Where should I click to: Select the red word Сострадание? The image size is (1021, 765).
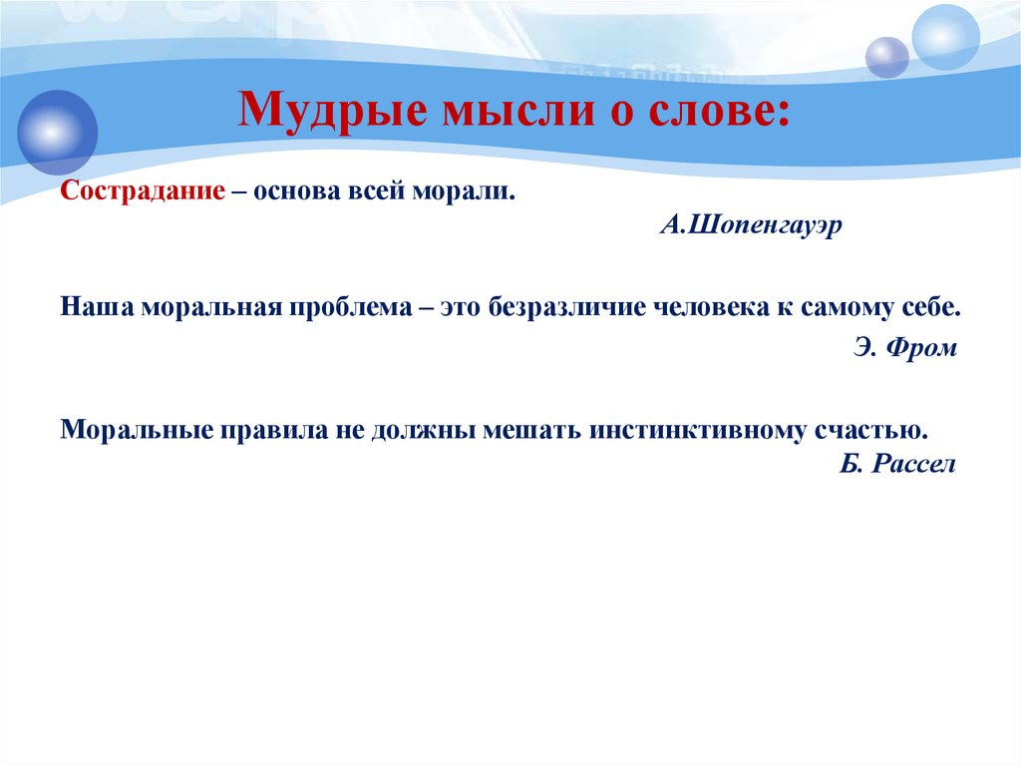pos(143,191)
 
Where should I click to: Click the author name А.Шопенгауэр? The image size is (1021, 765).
pos(751,225)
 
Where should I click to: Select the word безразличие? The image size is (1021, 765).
pos(566,307)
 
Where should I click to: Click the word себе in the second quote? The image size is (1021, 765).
pos(931,307)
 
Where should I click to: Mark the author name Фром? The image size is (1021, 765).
pos(922,347)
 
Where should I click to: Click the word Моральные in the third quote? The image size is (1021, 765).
pos(137,430)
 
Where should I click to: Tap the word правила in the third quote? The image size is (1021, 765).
pos(274,431)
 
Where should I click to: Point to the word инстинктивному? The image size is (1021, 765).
pos(697,431)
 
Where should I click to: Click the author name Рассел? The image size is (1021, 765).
pos(913,464)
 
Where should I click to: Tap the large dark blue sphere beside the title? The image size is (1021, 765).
pos(57,133)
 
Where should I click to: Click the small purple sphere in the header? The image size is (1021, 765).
pos(886,58)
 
